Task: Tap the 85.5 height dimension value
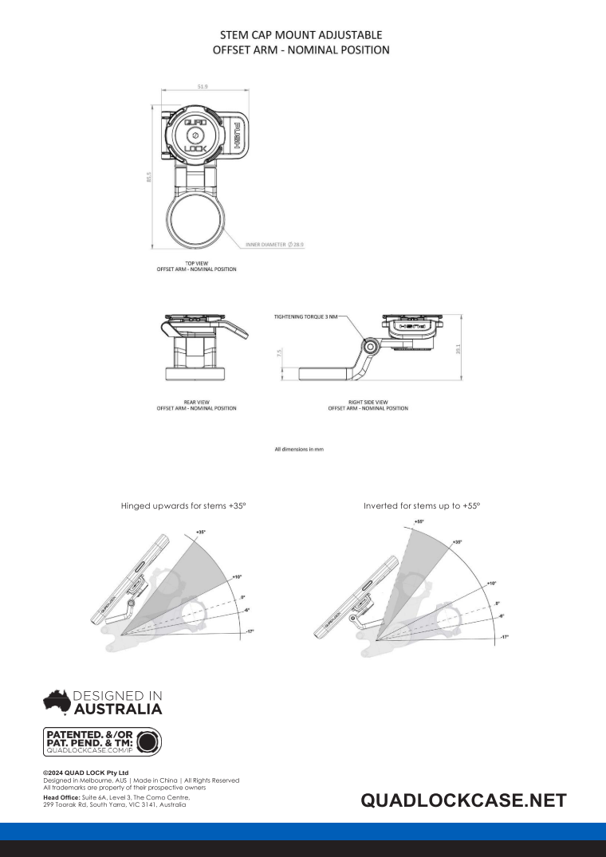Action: (x=148, y=179)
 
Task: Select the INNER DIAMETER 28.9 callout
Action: (x=274, y=245)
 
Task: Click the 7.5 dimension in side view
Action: (x=280, y=352)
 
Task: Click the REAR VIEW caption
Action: (x=196, y=405)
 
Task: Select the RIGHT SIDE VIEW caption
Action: (x=368, y=405)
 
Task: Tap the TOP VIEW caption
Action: (x=196, y=265)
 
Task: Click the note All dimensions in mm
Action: (x=299, y=450)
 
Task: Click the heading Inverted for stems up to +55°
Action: (x=422, y=505)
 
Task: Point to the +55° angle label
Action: (x=419, y=521)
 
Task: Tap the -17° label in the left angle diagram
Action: (x=250, y=631)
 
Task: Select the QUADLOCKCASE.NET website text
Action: (x=463, y=800)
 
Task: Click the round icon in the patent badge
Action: (x=148, y=741)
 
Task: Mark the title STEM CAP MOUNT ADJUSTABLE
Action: (x=301, y=35)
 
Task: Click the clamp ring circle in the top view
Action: (x=196, y=220)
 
